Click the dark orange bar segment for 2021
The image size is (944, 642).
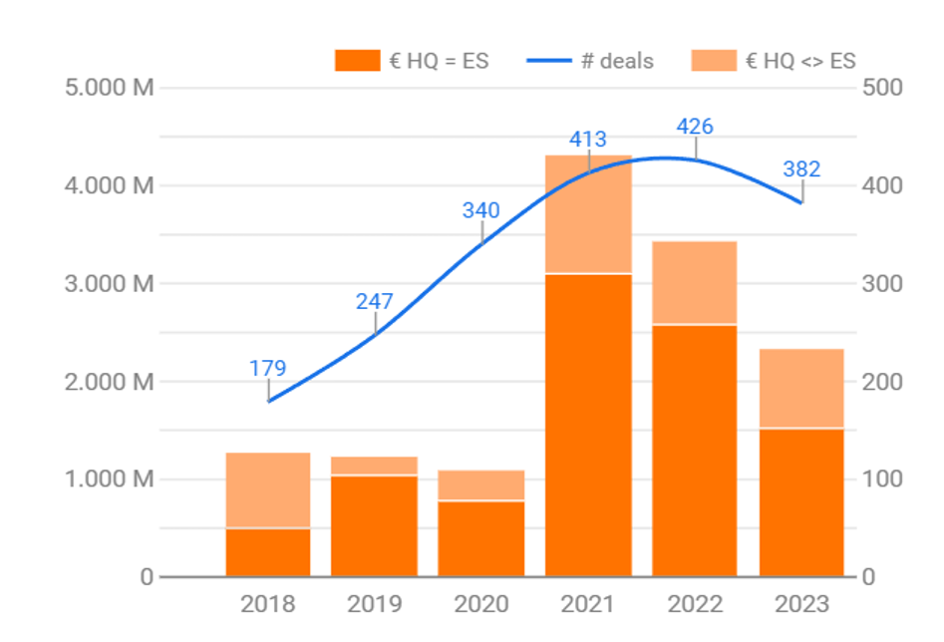click(588, 424)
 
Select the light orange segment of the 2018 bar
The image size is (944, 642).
click(268, 489)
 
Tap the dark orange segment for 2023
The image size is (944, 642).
click(801, 501)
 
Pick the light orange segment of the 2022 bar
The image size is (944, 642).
click(695, 282)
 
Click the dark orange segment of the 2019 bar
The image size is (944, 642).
click(375, 525)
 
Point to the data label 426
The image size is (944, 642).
click(695, 127)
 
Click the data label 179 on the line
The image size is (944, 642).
click(268, 368)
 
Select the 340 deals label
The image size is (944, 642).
click(481, 210)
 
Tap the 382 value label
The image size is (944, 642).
click(801, 169)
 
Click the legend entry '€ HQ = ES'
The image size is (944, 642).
click(413, 61)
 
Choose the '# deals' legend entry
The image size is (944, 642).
click(591, 61)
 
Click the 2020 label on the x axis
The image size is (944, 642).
click(481, 604)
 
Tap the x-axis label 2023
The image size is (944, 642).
click(801, 604)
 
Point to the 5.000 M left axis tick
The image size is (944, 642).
click(109, 88)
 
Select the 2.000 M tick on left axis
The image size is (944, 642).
click(109, 382)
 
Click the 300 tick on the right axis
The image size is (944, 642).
click(883, 284)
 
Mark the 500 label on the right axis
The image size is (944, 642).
click(883, 88)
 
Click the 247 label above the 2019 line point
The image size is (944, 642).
click(375, 301)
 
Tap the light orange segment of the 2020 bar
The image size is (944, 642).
click(481, 484)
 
